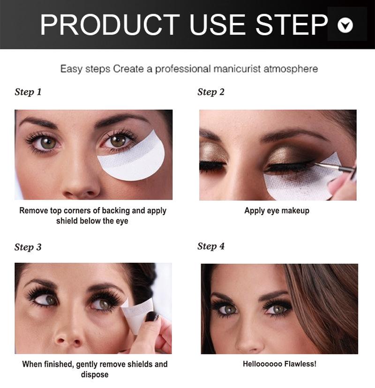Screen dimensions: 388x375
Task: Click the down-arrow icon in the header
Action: click(346, 25)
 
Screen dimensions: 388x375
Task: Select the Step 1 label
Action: click(28, 92)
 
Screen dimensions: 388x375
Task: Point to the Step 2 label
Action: click(211, 92)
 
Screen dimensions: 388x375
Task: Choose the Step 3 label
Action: click(28, 247)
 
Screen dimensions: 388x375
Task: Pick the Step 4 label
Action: click(211, 246)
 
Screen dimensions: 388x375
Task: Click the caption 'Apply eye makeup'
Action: click(277, 211)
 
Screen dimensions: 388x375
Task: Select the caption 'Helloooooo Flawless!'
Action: click(279, 364)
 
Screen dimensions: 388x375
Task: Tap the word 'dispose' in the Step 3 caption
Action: click(95, 374)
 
